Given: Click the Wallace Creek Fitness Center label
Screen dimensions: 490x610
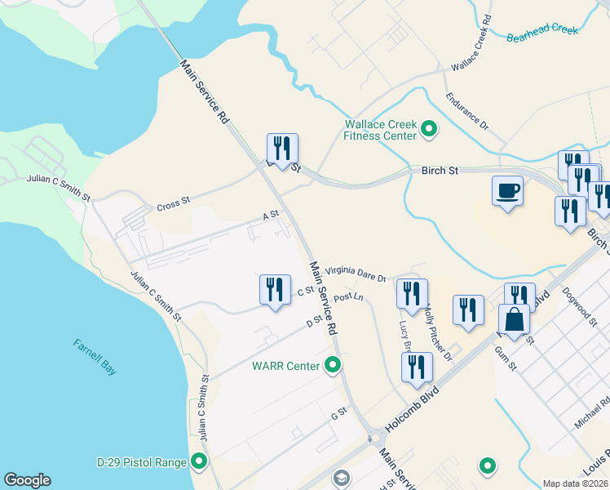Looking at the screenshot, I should (381, 130).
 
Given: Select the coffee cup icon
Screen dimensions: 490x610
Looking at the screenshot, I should (507, 191).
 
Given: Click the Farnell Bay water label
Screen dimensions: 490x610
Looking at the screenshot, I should (95, 356).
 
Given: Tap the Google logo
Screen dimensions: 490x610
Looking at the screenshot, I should (27, 480).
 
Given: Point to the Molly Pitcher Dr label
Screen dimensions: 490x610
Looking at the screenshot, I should (437, 334).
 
